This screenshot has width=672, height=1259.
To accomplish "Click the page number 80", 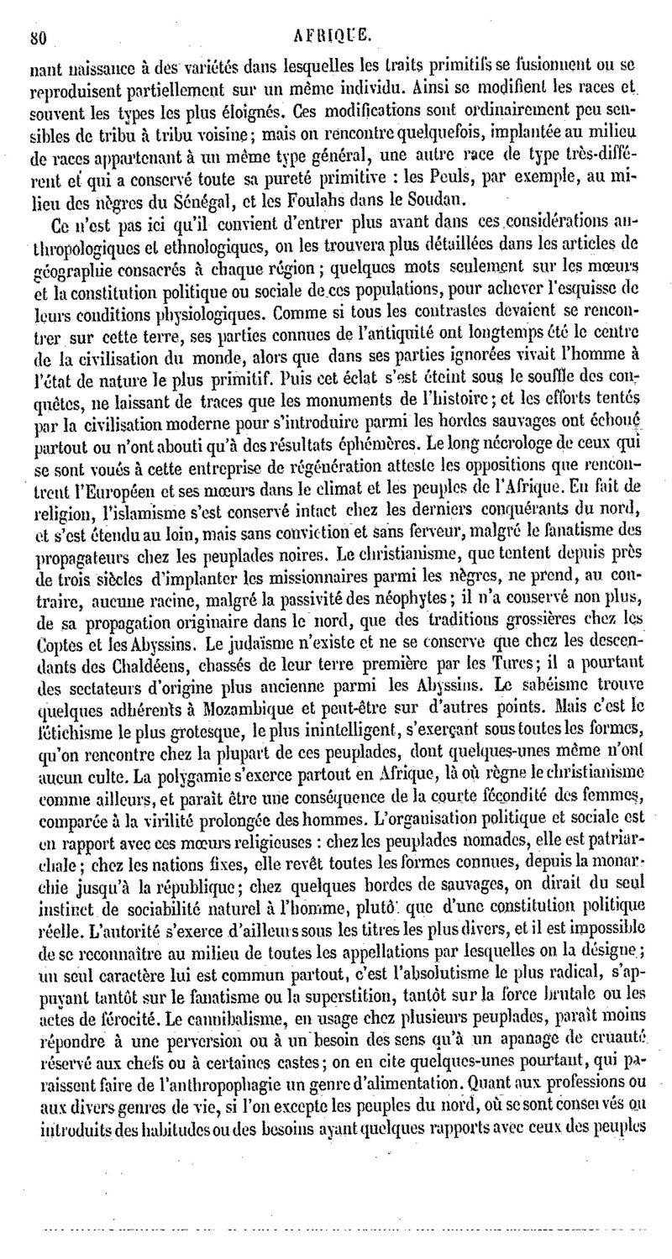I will click(36, 13).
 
